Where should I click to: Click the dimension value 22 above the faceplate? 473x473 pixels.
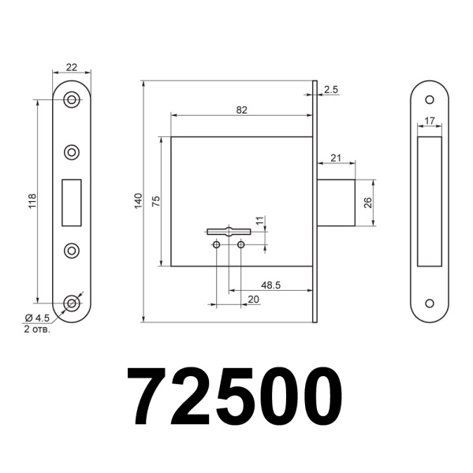click(72, 67)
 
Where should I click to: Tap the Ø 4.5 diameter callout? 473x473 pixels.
click(37, 318)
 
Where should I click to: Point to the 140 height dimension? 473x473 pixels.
click(138, 201)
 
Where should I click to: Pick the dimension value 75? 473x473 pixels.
click(156, 202)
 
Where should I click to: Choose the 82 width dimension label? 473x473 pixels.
click(241, 110)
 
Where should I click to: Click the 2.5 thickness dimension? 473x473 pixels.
click(330, 90)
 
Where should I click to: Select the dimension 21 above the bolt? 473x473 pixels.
click(336, 158)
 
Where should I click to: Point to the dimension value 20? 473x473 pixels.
click(253, 299)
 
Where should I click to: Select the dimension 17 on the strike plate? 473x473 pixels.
click(430, 121)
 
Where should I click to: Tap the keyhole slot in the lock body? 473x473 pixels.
click(228, 232)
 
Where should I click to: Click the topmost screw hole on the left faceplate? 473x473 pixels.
click(73, 99)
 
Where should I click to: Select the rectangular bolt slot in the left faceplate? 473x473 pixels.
click(73, 201)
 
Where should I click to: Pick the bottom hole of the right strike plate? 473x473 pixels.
click(430, 304)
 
